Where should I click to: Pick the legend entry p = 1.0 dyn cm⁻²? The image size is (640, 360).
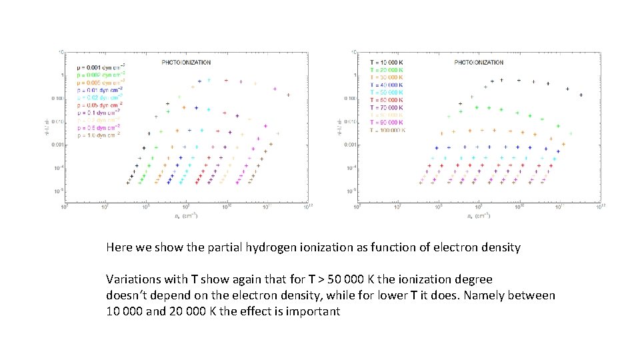click(99, 134)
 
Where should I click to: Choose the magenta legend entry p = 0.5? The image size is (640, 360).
click(99, 127)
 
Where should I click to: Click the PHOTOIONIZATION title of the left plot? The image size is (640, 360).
click(187, 63)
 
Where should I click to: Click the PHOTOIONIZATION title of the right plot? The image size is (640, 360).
click(479, 63)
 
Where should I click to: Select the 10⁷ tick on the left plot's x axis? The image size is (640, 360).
click(105, 207)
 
